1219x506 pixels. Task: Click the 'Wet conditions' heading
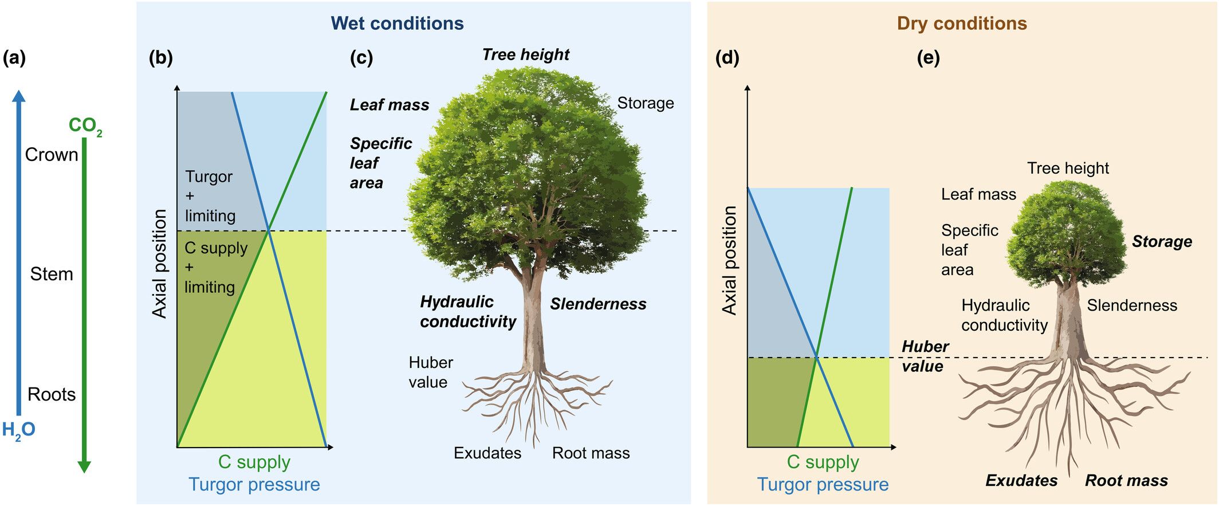tap(397, 23)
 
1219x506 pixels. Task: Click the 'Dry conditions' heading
tap(962, 23)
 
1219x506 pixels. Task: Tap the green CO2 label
tap(85, 125)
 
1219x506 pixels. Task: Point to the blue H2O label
tap(18, 430)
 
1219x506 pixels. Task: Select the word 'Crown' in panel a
tap(52, 155)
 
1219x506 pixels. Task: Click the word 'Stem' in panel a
tap(52, 274)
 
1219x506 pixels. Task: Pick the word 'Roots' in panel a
tap(52, 394)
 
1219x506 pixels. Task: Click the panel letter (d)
tap(728, 58)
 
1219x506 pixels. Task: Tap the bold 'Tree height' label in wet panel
tap(525, 54)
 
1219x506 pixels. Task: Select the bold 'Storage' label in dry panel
tap(1162, 242)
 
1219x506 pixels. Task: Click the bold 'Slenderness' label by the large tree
tap(598, 304)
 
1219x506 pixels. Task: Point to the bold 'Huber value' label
tap(925, 356)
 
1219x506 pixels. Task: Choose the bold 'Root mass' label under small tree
tap(1126, 481)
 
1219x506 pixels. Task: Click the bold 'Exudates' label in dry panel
tap(1021, 481)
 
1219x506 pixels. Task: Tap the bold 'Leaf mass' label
tap(390, 105)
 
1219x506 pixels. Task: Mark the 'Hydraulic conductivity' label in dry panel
tap(1004, 315)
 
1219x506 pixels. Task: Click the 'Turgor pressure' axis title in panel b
tap(254, 485)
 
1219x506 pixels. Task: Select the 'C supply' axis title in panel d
tap(823, 462)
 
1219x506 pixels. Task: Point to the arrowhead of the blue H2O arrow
tap(19, 96)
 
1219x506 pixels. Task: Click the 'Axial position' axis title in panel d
tap(729, 261)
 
